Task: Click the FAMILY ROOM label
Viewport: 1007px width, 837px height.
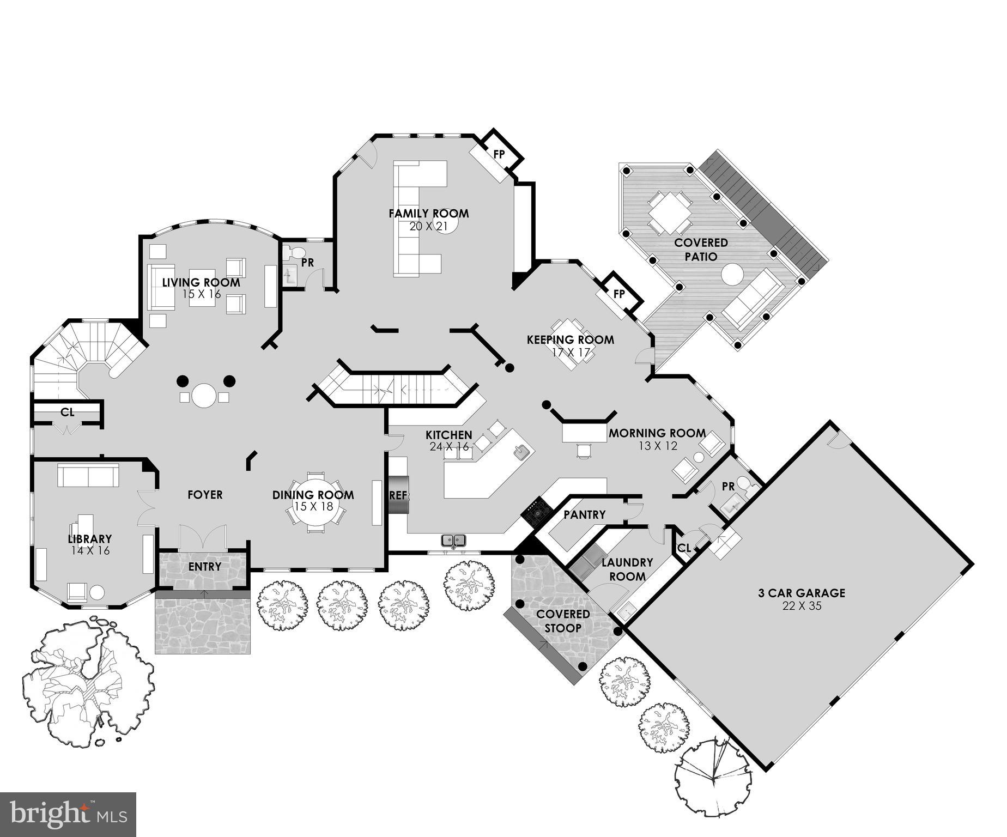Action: coord(428,214)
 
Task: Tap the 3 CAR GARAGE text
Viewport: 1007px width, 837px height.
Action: coord(802,593)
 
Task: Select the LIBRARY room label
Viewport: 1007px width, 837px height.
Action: coord(90,539)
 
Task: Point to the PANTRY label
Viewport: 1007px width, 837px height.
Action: coord(584,514)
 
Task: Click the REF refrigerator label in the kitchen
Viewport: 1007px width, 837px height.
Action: coord(398,496)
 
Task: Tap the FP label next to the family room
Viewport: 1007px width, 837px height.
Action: coord(499,154)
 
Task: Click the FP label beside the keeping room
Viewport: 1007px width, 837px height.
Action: coord(619,294)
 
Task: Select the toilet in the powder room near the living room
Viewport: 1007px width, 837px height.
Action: coord(295,253)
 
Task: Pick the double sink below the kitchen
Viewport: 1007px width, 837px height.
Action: coord(453,541)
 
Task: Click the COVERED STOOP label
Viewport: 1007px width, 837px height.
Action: coord(563,621)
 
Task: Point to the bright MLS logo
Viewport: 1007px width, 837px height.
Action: coord(68,814)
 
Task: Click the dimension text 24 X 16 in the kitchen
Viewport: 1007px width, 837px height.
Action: coord(449,447)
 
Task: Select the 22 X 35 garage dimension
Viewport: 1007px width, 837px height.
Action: coord(802,606)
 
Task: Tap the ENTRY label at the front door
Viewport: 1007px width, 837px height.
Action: coord(205,567)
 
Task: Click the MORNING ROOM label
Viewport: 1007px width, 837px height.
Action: coord(657,434)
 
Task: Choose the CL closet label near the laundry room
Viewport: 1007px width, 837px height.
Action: coord(684,548)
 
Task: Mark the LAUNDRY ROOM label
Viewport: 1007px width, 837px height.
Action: coord(627,569)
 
